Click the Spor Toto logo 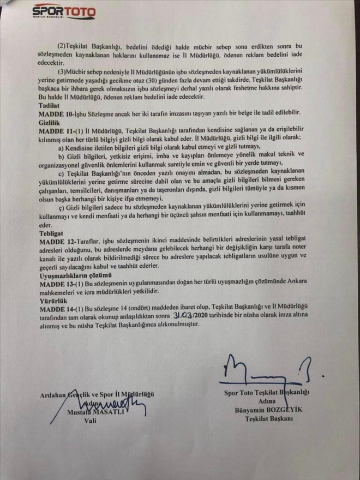tap(64, 11)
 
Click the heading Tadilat tap(49, 104)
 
